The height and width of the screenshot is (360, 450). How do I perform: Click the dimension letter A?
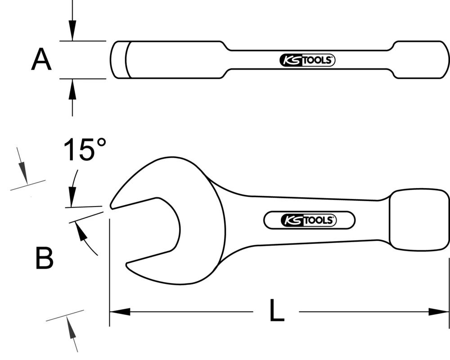coord(41,60)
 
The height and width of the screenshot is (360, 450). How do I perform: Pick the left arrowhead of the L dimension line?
coord(120,311)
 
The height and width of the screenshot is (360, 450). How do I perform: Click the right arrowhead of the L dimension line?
coord(439,311)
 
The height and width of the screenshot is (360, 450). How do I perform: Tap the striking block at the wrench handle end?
coord(418,219)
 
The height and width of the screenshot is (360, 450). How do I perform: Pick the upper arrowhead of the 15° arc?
coord(71,198)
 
